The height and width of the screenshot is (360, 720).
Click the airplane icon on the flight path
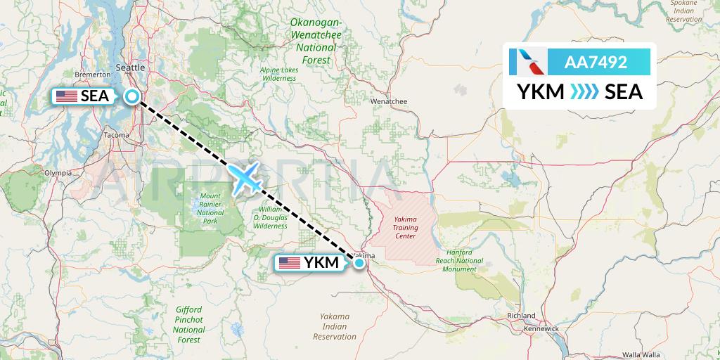(245, 177)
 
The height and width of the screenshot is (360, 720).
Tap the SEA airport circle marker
(132, 97)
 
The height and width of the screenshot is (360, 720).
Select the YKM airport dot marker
(359, 263)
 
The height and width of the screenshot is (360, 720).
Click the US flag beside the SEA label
(67, 96)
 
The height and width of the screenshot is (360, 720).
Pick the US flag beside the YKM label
(289, 263)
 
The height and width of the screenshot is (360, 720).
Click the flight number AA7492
(596, 63)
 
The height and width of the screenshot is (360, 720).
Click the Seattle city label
(129, 67)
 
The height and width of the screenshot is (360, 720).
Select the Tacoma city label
(116, 135)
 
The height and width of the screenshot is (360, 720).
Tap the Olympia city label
(58, 172)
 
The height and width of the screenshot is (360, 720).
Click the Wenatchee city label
(389, 101)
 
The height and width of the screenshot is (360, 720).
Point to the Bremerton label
(93, 74)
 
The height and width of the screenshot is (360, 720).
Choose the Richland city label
(521, 316)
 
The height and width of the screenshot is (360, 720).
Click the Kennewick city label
(540, 328)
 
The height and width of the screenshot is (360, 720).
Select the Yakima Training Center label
(405, 229)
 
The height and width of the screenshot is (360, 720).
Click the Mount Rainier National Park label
(210, 208)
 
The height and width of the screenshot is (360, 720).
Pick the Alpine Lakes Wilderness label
(280, 75)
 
